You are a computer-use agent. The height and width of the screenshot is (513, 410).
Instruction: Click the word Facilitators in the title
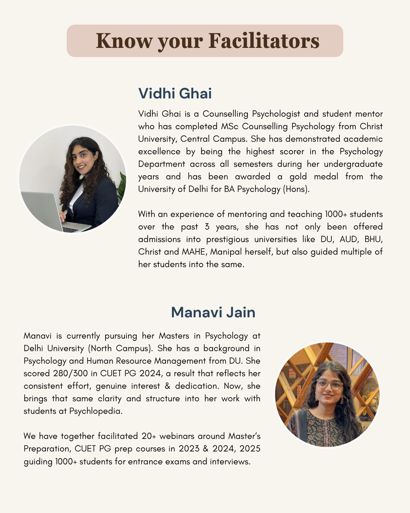pyautogui.click(x=264, y=41)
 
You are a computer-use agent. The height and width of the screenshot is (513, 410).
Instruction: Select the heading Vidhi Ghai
pyautogui.click(x=175, y=93)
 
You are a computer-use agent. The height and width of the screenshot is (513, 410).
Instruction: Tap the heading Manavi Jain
pyautogui.click(x=213, y=312)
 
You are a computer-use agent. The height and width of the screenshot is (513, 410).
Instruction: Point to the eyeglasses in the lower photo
pyautogui.click(x=329, y=384)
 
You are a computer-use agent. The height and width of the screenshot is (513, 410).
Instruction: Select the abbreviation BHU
pyautogui.click(x=374, y=239)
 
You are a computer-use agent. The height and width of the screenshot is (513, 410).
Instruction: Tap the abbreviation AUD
pyautogui.click(x=348, y=239)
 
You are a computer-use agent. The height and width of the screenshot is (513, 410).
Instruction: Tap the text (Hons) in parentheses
pyautogui.click(x=296, y=189)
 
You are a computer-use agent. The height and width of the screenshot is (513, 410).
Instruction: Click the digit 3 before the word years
pyautogui.click(x=207, y=226)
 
